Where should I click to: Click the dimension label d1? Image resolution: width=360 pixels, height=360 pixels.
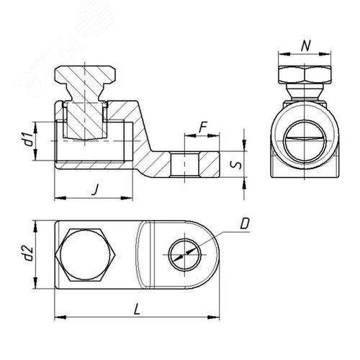click(x=29, y=140)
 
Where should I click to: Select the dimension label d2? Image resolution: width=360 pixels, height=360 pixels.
click(x=29, y=253)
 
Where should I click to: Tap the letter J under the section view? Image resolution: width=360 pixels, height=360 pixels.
click(x=96, y=189)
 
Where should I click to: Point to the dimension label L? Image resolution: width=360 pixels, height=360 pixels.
click(x=137, y=309)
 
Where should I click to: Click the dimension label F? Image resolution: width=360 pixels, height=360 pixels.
click(x=203, y=127)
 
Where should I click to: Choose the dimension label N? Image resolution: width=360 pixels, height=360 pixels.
click(x=306, y=46)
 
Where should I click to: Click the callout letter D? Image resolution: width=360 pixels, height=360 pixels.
click(x=245, y=224)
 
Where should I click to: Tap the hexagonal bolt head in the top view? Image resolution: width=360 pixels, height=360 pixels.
click(x=85, y=255)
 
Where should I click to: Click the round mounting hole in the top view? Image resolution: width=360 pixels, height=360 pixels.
click(x=185, y=255)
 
